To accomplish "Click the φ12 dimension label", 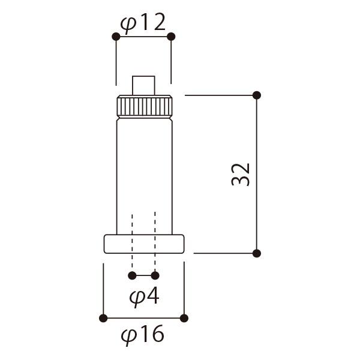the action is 143,23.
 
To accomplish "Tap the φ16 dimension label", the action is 142,335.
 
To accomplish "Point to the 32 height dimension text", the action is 241,175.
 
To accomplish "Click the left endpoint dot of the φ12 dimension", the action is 116,37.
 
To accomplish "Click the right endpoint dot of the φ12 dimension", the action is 171,37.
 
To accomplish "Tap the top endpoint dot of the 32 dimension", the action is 257,95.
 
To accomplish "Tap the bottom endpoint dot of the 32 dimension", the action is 257,253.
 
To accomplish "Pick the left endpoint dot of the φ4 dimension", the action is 132,275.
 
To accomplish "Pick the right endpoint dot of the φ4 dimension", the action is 155,275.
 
